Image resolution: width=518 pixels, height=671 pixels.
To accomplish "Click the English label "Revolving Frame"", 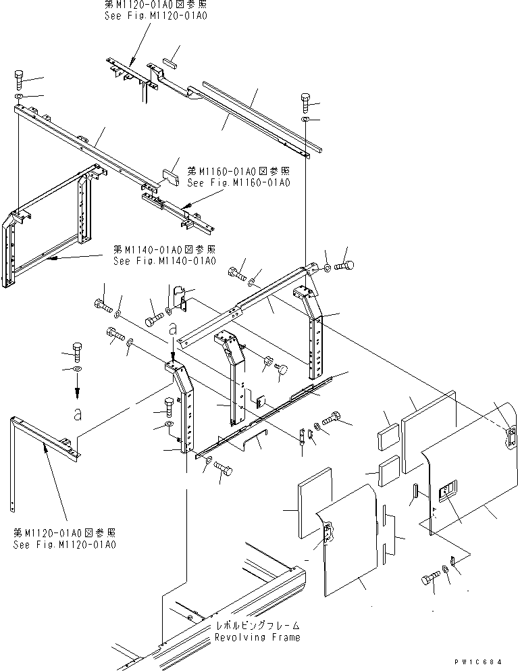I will (257, 637).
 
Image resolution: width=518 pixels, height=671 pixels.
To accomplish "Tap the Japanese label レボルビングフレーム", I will (257, 626).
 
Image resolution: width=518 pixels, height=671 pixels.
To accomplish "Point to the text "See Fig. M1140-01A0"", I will (165, 261).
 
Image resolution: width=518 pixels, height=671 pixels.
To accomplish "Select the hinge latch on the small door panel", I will (328, 533).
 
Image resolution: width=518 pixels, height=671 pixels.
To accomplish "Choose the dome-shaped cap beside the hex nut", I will (282, 369).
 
